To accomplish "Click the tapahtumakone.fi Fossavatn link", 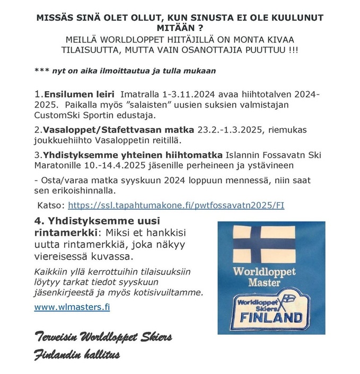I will pyautogui.click(x=181, y=204).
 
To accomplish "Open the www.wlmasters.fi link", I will pyautogui.click(x=72, y=307).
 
